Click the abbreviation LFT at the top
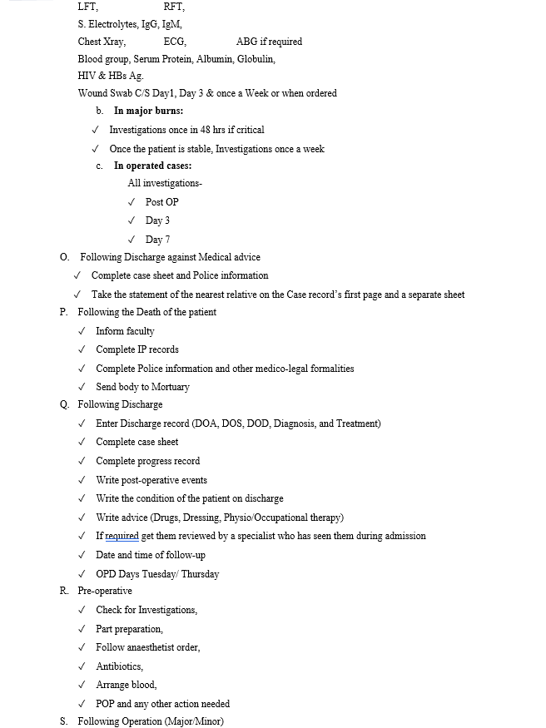pos(87,7)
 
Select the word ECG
pos(175,42)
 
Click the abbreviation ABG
pos(246,42)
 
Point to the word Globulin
pos(256,59)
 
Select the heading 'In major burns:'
pos(148,111)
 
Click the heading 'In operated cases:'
pos(152,166)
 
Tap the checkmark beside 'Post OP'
pos(132,202)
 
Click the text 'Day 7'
pos(157,240)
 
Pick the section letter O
pos(64,258)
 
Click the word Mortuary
pos(170,387)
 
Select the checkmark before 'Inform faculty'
pos(82,331)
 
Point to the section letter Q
pos(64,405)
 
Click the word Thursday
pos(200,574)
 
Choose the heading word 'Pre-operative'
pos(105,591)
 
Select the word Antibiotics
pos(119,666)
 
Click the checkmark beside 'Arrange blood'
pos(82,685)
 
